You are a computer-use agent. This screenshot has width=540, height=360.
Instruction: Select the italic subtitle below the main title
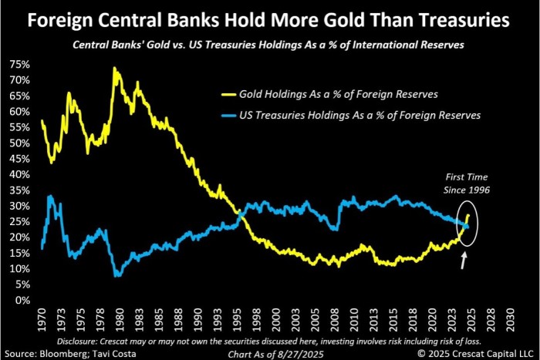coord(270,44)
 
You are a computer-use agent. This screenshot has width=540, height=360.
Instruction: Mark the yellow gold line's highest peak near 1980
coord(114,69)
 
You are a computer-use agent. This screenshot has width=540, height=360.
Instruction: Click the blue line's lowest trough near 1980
coord(116,274)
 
